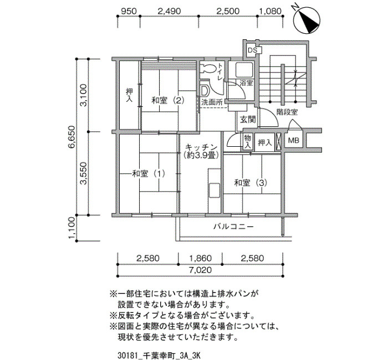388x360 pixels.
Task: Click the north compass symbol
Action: pos(307,20)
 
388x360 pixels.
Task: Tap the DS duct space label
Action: pos(252,50)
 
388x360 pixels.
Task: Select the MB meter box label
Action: pos(294,141)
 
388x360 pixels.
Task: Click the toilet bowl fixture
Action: pos(207,68)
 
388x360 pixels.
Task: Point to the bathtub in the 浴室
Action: pos(244,70)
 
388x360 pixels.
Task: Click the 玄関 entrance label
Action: pos(247,120)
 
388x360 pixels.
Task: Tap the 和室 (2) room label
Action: pos(168,101)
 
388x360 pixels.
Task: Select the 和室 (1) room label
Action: pos(148,173)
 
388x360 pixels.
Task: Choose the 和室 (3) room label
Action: pos(251,183)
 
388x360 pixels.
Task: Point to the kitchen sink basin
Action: pos(215,190)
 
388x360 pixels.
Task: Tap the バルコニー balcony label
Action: pos(233,226)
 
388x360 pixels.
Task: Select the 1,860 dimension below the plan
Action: pos(201,259)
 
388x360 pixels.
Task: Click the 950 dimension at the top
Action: pos(129,11)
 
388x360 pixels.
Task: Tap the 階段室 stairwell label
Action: pos(287,112)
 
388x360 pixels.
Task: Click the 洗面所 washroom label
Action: pos(212,102)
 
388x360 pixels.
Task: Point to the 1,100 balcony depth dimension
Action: pos(72,228)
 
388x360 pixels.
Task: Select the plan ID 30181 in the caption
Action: pos(126,356)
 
